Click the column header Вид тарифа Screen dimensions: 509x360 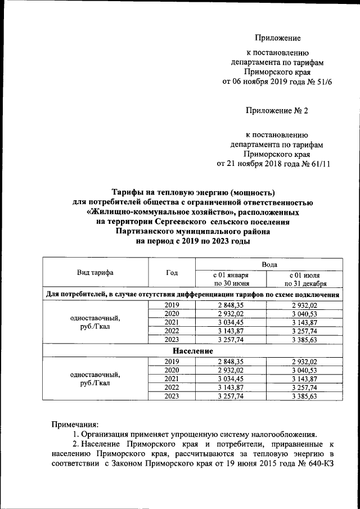click(x=95, y=273)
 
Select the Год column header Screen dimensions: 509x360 click(x=172, y=273)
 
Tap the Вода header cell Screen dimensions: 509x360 click(x=268, y=263)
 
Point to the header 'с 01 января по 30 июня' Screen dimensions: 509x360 click(x=231, y=279)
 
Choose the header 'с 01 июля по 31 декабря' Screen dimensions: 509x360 click(x=304, y=279)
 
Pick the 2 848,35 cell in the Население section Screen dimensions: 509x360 click(x=231, y=361)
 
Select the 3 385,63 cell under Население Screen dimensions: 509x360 click(x=304, y=396)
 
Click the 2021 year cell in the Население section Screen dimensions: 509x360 click(x=172, y=379)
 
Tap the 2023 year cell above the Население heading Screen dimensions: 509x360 click(x=172, y=340)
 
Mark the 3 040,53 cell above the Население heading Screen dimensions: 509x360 click(x=304, y=313)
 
